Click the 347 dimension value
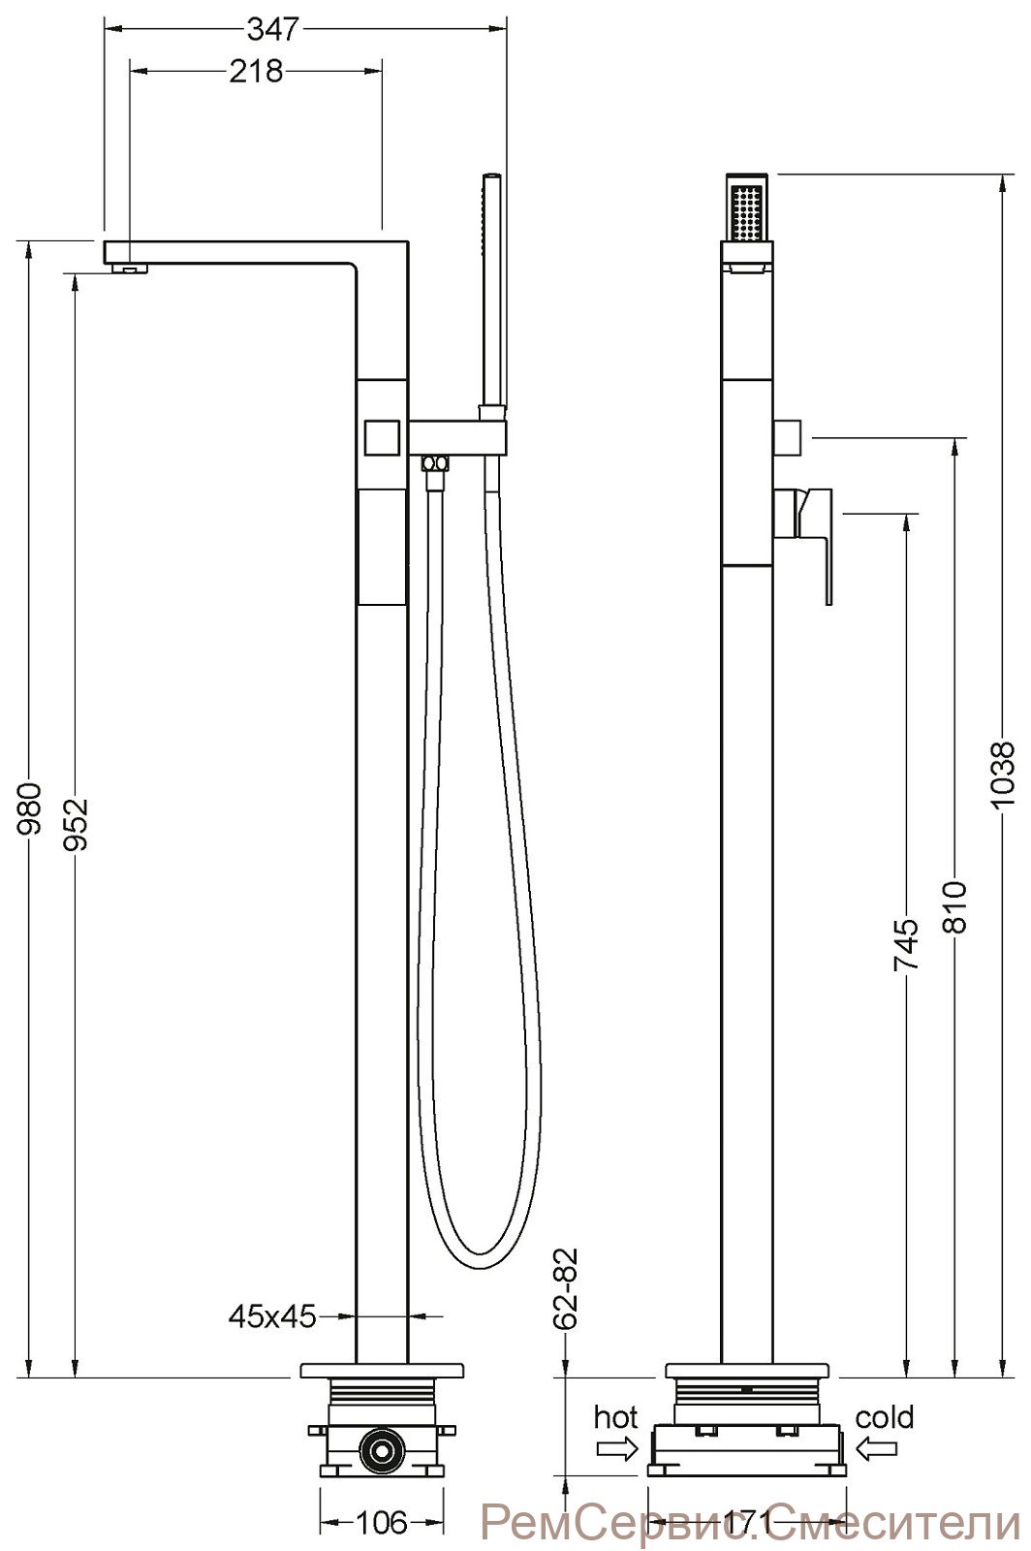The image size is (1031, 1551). point(272,30)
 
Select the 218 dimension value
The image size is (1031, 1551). point(256,72)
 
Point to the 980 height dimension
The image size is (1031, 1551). point(30,808)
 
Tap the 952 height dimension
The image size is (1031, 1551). point(77,825)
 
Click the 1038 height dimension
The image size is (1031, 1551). point(1002,774)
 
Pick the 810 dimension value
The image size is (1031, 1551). point(955,907)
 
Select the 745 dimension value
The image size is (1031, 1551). point(905,944)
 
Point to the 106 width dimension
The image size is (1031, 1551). point(381,1523)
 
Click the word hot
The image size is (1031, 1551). point(616,1418)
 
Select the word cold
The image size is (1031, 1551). point(885,1417)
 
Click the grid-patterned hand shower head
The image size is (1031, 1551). point(746,207)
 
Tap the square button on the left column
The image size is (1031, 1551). point(381,437)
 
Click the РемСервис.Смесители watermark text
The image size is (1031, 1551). point(749,1523)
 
